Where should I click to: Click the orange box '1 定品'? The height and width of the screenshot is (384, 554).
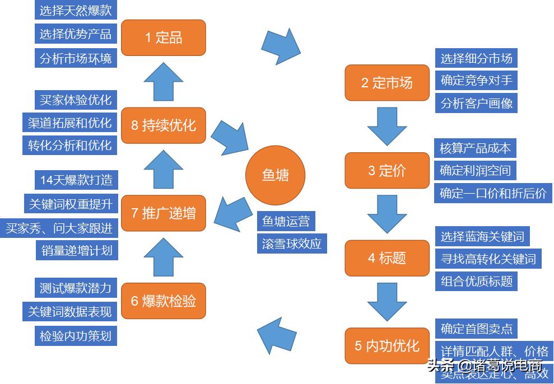[x=164, y=38]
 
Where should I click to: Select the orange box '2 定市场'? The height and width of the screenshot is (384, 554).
[x=387, y=83]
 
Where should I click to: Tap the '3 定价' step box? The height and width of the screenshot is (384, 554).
[x=387, y=170]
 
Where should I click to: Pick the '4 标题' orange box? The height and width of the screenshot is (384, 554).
[x=387, y=258]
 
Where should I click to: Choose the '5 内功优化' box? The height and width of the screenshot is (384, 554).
[x=387, y=345]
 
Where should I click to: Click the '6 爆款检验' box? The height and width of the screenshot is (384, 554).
[x=164, y=301]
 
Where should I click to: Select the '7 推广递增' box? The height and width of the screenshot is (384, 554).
[x=164, y=213]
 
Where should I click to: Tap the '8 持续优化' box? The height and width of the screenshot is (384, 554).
[x=164, y=125]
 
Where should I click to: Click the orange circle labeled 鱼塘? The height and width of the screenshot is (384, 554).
[x=276, y=175]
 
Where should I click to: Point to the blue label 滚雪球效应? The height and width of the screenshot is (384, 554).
[x=292, y=244]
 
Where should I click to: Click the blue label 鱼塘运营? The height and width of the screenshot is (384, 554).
[x=286, y=221]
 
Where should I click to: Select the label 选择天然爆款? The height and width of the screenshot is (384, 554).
[x=76, y=11]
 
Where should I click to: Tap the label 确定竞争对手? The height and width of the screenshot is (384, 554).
[x=476, y=80]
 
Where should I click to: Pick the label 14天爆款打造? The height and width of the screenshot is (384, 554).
[x=76, y=180]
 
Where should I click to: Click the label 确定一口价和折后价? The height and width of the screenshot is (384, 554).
[x=493, y=193]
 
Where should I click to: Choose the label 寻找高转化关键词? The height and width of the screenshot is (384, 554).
[x=488, y=259]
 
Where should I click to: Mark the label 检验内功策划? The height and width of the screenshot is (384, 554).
[x=76, y=336]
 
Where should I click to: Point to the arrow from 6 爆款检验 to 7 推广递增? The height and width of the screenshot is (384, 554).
[x=163, y=257]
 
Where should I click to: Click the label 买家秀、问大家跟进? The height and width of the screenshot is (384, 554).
[x=59, y=227]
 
